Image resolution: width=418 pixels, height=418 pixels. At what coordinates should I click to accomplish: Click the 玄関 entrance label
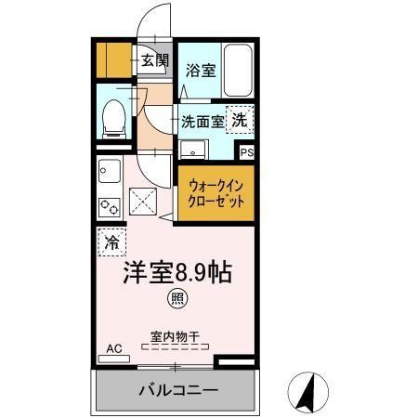155,61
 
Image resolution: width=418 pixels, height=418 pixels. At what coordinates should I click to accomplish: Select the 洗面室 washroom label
202,121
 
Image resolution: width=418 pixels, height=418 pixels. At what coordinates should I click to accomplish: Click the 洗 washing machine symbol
240,119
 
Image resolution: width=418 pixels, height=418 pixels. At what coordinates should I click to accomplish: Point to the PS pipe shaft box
246,153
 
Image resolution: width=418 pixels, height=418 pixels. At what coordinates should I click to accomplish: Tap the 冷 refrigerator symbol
111,243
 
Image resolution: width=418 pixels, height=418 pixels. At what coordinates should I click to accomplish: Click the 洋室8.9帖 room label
177,273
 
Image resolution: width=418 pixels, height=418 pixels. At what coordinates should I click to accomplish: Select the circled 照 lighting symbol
175,299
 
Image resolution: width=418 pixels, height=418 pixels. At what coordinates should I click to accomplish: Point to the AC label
114,349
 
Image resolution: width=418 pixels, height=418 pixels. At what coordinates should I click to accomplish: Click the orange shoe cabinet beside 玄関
115,60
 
